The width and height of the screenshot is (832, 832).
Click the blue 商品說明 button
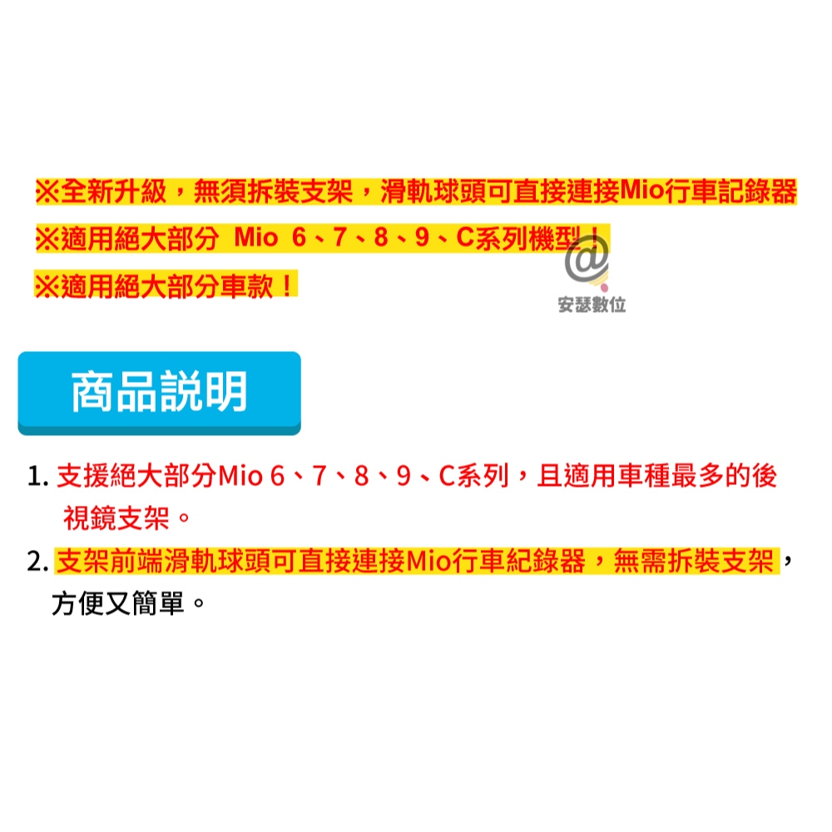coord(159,393)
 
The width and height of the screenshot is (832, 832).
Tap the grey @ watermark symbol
coord(586,259)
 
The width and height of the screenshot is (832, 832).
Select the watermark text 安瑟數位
coord(592,305)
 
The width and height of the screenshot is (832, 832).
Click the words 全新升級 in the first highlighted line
coord(113,191)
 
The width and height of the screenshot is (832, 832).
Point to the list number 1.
coord(37,476)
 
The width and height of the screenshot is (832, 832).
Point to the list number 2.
coord(37,562)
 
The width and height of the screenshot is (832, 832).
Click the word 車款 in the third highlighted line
coord(246,286)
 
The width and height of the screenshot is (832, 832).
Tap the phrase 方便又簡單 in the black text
coord(118,603)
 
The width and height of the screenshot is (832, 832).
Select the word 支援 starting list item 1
coord(82,475)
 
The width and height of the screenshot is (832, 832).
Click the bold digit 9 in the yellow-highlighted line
coord(422,238)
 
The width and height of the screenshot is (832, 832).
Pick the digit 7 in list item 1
coord(319,476)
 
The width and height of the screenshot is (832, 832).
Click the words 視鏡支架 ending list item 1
coord(116,518)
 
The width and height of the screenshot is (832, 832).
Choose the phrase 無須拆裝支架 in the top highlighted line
coord(273,191)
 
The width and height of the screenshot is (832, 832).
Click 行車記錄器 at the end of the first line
coord(730,191)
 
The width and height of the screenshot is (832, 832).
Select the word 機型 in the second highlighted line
coord(555,238)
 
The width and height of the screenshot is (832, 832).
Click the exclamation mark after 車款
coord(286,286)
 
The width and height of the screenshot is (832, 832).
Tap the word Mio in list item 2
coord(428,562)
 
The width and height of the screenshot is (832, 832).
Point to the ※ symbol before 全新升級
coord(47,191)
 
